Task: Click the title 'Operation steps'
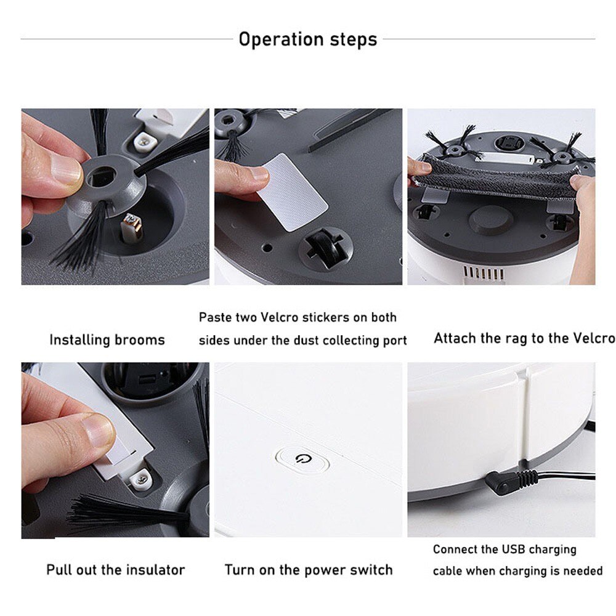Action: click(307, 39)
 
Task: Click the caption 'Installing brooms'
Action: click(107, 339)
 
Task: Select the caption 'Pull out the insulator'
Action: click(115, 570)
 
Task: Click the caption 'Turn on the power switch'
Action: click(308, 570)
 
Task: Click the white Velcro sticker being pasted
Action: click(292, 191)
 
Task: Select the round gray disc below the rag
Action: click(490, 219)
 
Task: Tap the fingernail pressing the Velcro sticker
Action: click(259, 173)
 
